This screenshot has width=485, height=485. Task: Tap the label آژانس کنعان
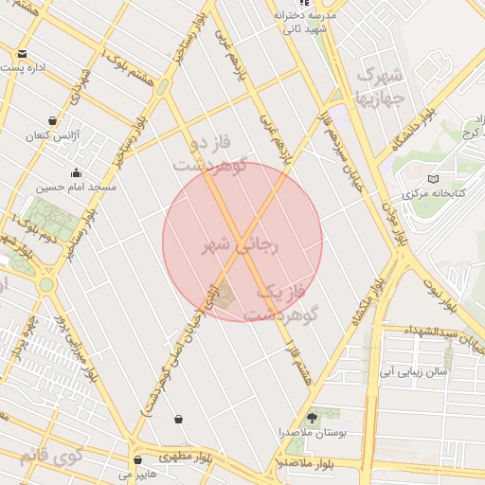[x=48, y=136]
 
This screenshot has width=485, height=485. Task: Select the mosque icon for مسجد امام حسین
[x=76, y=172]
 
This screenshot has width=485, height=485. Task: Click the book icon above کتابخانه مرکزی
[x=435, y=178]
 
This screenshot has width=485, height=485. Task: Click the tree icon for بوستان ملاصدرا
[x=313, y=417]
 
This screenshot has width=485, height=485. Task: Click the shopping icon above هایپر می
[x=138, y=458]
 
